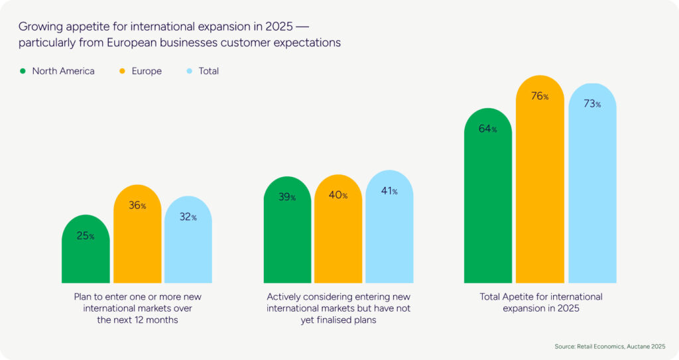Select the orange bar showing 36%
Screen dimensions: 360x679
click(x=137, y=239)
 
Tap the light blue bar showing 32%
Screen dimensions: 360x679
click(x=188, y=245)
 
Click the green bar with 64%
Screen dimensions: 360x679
click(x=488, y=199)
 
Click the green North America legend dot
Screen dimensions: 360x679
click(x=23, y=71)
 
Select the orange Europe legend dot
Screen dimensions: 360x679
click(x=123, y=71)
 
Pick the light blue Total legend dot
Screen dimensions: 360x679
click(x=189, y=71)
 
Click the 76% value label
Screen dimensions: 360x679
click(x=540, y=96)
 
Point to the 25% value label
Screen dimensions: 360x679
click(x=86, y=236)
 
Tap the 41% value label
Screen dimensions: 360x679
click(x=390, y=192)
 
